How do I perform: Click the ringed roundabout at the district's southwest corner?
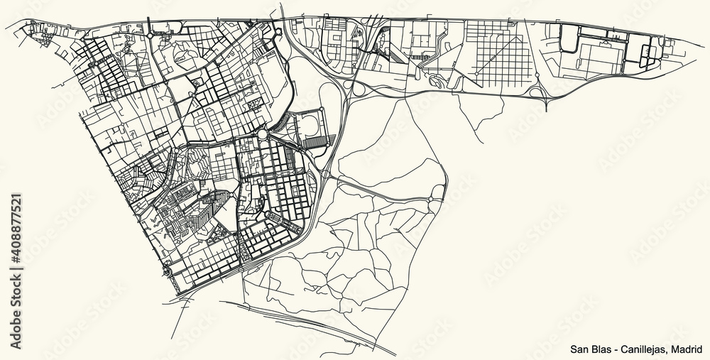tap(168, 269)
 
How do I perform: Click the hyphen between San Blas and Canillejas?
tap(615, 349)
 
